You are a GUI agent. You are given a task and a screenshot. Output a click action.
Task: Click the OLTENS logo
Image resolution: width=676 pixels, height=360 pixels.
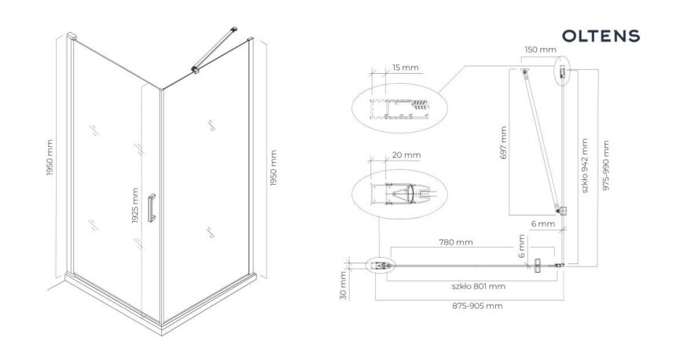point(601,36)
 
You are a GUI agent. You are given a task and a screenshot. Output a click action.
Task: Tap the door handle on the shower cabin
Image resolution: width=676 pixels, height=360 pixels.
point(152,208)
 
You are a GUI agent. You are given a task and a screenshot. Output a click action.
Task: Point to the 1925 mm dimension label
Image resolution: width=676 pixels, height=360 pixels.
point(135,205)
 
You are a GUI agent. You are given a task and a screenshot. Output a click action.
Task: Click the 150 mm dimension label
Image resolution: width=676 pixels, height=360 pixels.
point(540,50)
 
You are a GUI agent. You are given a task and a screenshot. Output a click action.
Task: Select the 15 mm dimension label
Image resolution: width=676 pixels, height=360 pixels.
point(406,68)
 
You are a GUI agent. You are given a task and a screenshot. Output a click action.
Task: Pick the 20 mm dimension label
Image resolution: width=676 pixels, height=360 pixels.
point(406,155)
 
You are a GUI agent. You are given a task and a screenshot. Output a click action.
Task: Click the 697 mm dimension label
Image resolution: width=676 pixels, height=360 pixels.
point(504,143)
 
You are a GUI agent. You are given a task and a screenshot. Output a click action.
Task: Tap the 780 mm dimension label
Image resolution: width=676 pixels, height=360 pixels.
point(456,242)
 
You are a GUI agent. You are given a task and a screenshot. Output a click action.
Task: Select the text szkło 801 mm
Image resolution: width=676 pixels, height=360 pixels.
point(479,286)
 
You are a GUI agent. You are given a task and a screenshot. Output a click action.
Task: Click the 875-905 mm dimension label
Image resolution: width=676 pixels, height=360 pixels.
point(477,306)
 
